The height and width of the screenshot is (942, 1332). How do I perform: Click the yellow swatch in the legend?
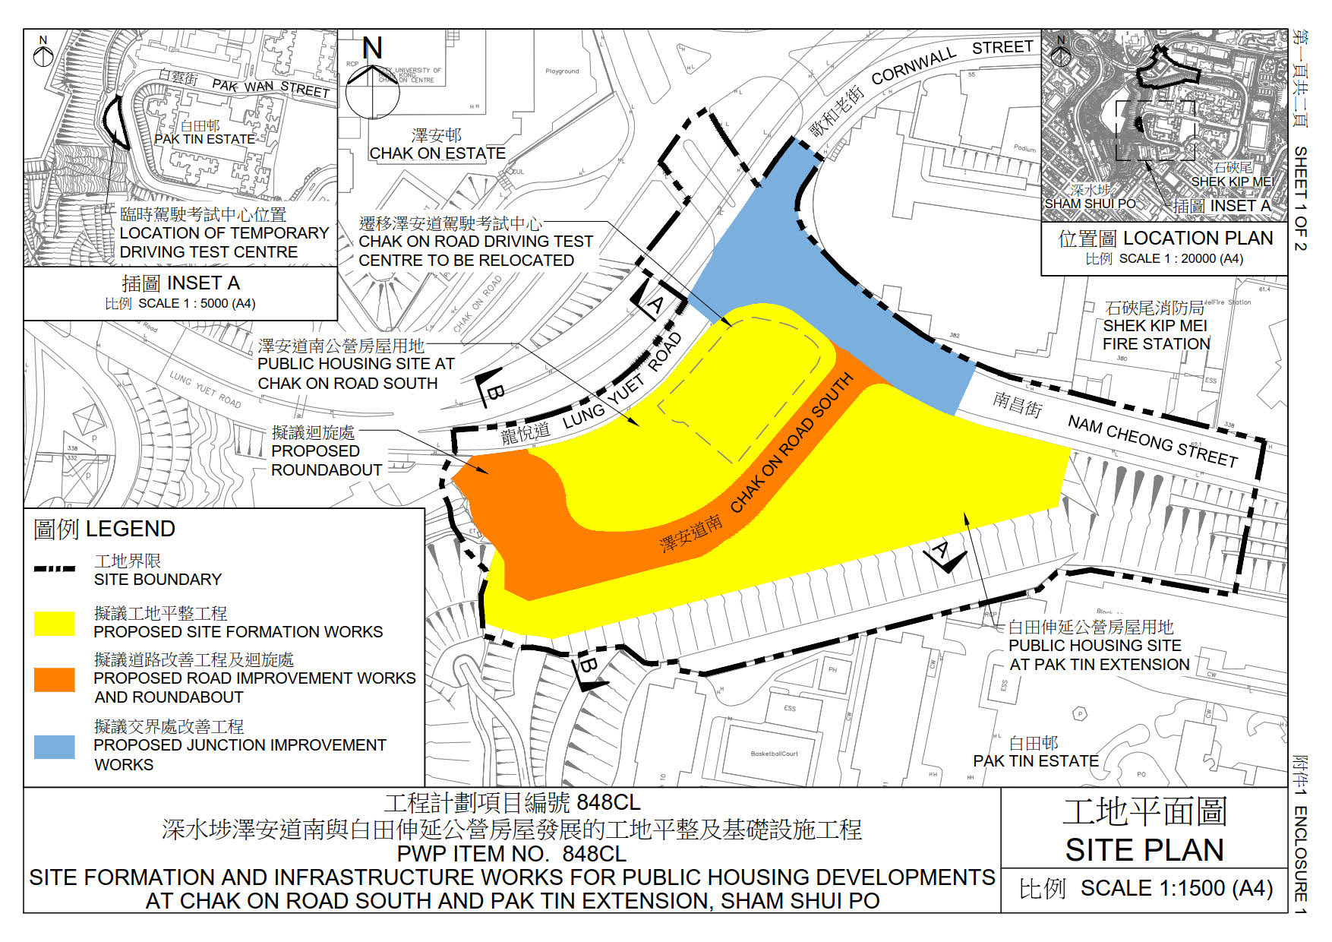pyautogui.click(x=55, y=623)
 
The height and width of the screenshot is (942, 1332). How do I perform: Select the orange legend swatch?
pyautogui.click(x=55, y=679)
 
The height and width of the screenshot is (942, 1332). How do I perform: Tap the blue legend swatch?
pyautogui.click(x=55, y=747)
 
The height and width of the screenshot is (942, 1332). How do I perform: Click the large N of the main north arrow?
pyautogui.click(x=372, y=49)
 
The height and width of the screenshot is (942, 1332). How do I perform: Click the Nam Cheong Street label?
pyautogui.click(x=1152, y=441)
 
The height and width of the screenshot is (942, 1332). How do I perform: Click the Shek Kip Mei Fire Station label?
pyautogui.click(x=1156, y=326)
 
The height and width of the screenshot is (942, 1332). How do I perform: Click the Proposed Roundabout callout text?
pyautogui.click(x=326, y=451)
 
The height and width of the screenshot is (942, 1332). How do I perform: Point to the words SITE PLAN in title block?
pyautogui.click(x=1144, y=850)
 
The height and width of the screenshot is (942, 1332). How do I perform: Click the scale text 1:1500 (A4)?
pyautogui.click(x=1176, y=888)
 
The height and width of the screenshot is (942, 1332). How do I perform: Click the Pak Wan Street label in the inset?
pyautogui.click(x=270, y=87)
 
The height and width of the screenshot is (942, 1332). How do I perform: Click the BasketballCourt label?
pyautogui.click(x=774, y=754)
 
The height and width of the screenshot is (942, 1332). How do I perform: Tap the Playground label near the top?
pyautogui.click(x=562, y=71)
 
